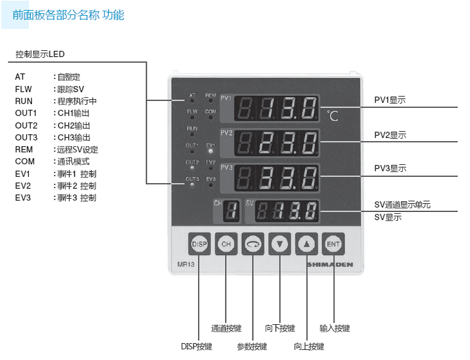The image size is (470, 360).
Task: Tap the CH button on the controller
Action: [226, 244]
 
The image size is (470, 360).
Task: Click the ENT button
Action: [333, 244]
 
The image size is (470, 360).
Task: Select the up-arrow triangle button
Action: [306, 244]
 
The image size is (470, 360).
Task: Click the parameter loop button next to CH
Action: [253, 244]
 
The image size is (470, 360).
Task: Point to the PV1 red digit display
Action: [276, 109]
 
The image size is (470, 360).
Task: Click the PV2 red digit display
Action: [276, 144]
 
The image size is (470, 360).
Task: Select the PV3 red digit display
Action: [276, 179]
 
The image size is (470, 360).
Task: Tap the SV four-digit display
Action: [287, 212]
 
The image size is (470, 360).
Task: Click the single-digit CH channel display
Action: [230, 213]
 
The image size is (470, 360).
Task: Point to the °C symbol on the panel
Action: [333, 115]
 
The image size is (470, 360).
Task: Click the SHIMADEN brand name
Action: [330, 265]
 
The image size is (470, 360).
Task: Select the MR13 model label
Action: [179, 265]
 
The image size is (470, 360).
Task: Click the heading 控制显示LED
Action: [40, 55]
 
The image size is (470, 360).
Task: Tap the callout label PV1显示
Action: [390, 100]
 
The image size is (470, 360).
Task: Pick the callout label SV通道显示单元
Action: [402, 205]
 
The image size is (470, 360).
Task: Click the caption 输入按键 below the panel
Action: [335, 328]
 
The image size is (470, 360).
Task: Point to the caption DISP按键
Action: [196, 346]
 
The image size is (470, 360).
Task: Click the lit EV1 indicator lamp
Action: [211, 151]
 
